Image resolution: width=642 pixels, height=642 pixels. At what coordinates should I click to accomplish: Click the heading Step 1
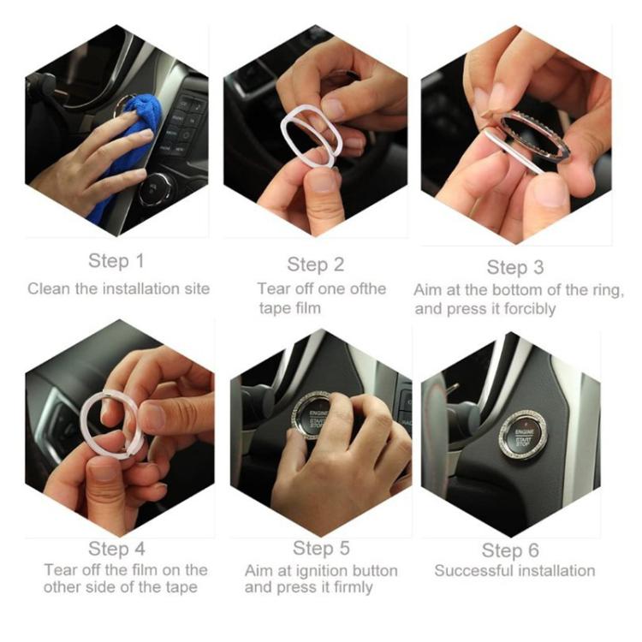[x=116, y=261]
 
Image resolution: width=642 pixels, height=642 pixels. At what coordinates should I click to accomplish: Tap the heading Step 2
[x=315, y=265]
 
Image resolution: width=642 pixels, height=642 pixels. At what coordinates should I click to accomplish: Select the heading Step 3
[x=515, y=267]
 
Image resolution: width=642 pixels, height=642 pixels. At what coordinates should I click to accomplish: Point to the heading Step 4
[x=116, y=549]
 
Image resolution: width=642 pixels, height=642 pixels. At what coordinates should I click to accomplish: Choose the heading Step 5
[x=321, y=548]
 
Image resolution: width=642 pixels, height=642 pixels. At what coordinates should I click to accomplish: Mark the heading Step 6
[x=510, y=550]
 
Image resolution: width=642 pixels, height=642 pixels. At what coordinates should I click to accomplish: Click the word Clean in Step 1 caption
[x=49, y=288]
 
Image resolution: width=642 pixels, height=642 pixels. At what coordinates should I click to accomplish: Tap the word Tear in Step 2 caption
[x=274, y=288]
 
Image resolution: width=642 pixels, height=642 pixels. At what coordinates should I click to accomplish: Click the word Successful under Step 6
[x=470, y=570]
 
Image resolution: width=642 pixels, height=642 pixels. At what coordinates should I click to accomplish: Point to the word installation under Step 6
[x=552, y=570]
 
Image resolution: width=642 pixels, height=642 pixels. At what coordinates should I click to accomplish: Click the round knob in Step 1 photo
[x=154, y=189]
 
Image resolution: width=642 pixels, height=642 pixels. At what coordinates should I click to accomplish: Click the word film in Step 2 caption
[x=308, y=308]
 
